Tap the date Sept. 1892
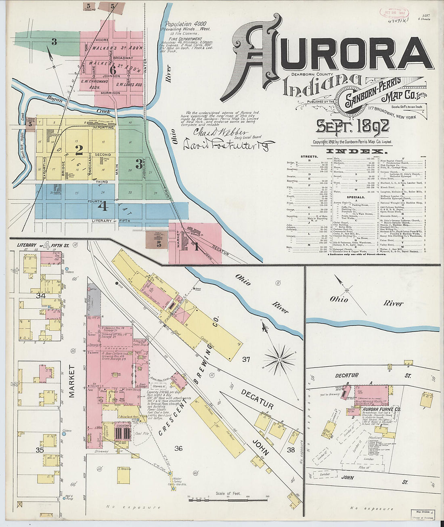pyautogui.click(x=352, y=126)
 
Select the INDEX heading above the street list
pyautogui.click(x=356, y=151)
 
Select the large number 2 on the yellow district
pyautogui.click(x=79, y=150)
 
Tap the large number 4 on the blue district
pyautogui.click(x=103, y=206)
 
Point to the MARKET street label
pyautogui.click(x=72, y=381)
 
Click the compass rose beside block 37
pyautogui.click(x=279, y=358)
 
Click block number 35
pyautogui.click(x=40, y=449)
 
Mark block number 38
pyautogui.click(x=291, y=449)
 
